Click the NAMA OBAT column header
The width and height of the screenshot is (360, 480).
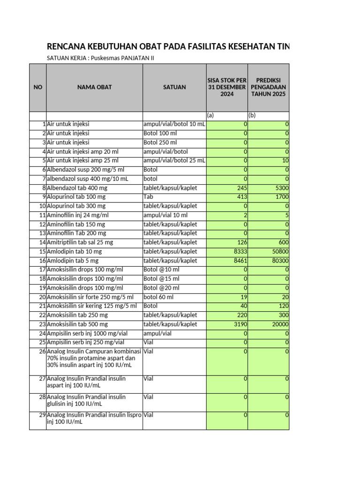click(x=94, y=87)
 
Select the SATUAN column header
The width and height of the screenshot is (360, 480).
click(x=174, y=87)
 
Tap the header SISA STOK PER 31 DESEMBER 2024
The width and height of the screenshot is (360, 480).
click(x=227, y=87)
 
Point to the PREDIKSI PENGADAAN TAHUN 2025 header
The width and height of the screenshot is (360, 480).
click(x=268, y=87)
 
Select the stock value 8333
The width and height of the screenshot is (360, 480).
click(x=239, y=252)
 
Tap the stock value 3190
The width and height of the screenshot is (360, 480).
click(x=239, y=324)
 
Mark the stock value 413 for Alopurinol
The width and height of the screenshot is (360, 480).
click(x=241, y=197)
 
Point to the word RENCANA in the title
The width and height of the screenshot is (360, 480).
click(x=66, y=46)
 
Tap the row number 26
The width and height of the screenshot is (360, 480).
click(x=42, y=352)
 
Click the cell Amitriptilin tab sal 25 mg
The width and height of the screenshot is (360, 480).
click(x=80, y=242)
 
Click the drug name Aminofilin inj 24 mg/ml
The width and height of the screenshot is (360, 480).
click(x=77, y=215)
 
